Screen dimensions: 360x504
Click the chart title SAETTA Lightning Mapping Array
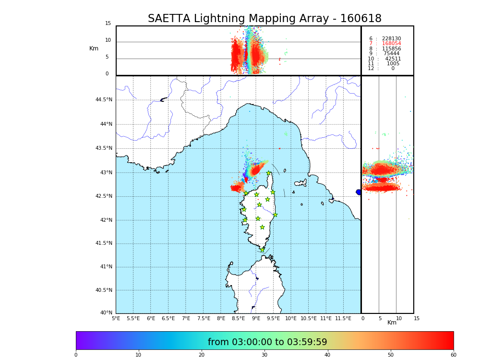(264, 19)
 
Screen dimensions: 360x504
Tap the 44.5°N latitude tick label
(103, 100)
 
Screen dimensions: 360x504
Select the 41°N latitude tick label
(106, 267)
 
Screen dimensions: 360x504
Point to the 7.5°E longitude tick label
(204, 318)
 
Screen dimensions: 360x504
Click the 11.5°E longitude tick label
(343, 318)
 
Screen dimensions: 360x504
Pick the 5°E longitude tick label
(116, 318)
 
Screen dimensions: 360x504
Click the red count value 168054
(391, 44)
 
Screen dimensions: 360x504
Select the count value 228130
(391, 39)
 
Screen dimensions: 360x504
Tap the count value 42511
(393, 59)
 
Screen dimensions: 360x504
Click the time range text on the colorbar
(267, 342)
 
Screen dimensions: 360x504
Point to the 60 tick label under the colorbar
(453, 355)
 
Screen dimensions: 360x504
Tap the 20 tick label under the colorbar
(202, 355)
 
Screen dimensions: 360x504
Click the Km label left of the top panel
(94, 48)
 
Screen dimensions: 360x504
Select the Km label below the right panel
(392, 323)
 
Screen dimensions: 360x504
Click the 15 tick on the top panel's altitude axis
(108, 24)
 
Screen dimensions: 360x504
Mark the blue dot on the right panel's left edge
(359, 192)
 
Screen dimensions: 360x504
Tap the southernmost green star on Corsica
(262, 250)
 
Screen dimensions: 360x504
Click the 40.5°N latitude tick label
(103, 290)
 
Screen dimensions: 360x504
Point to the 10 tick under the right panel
(398, 318)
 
